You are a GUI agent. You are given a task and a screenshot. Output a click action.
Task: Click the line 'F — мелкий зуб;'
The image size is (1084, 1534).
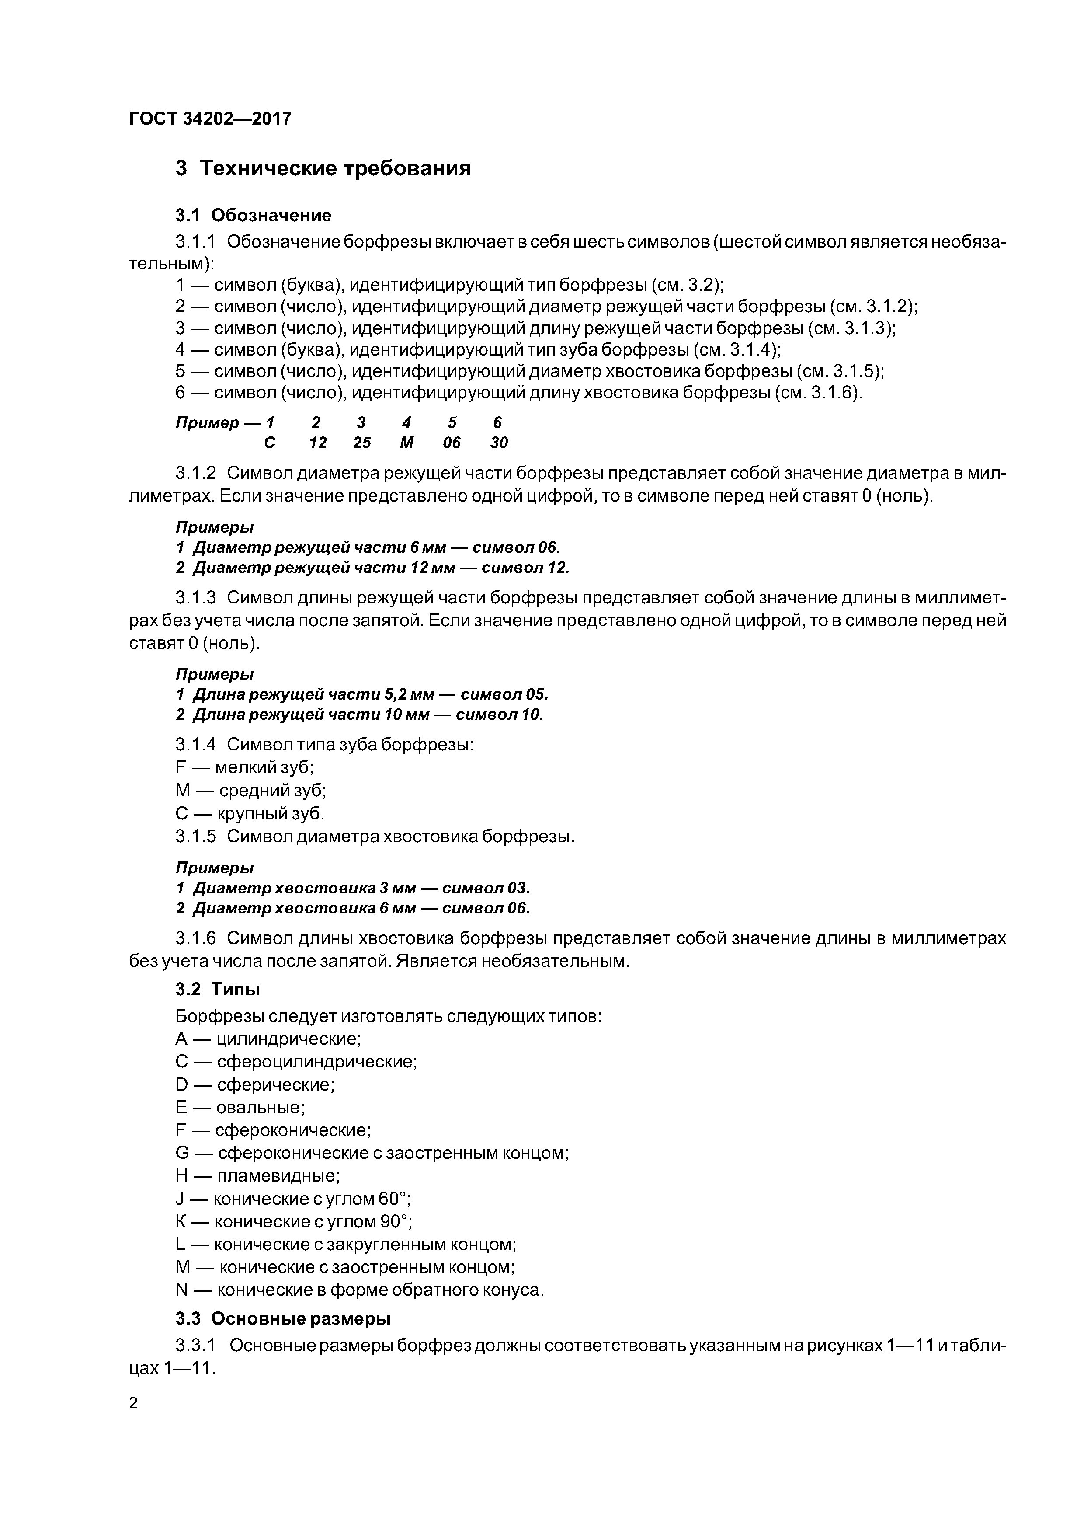[x=244, y=767]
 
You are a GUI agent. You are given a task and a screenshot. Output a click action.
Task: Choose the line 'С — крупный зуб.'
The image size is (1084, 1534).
[x=250, y=813]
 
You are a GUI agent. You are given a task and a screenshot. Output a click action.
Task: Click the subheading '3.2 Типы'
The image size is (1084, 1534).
[x=218, y=989]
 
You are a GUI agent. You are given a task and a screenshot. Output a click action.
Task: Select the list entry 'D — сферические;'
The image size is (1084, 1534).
[x=254, y=1084]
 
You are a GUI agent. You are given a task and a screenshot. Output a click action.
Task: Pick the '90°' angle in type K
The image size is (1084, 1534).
[x=396, y=1221]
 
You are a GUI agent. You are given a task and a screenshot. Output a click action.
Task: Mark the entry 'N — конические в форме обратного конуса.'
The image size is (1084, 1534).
[x=359, y=1290]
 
